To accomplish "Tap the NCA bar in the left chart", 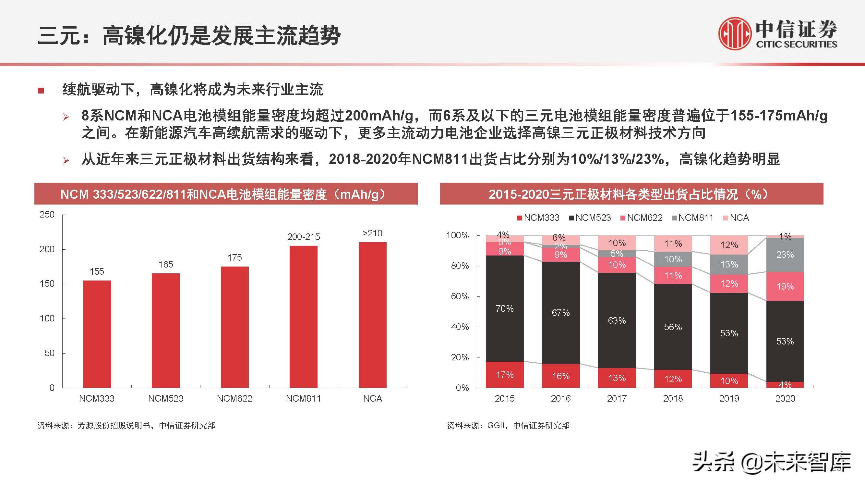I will pos(372,315).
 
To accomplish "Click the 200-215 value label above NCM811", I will pos(304,237).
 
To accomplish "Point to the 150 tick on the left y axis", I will pos(47,284).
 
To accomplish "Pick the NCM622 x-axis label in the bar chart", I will pos(234,399).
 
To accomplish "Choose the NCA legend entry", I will pos(736,218).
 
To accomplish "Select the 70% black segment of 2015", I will pos(505,308).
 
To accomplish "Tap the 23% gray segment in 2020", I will pos(785,255).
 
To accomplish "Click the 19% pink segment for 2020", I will pos(785,286).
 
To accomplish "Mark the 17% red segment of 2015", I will pos(505,374).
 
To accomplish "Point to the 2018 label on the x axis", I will pos(673,399).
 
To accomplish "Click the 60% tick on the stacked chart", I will pos(460,296).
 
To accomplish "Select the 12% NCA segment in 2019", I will pos(729,245).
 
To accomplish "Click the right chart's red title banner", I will pos(631,194).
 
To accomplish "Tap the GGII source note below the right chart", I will pos(508,426).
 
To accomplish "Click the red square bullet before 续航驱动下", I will pos(41,90).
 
